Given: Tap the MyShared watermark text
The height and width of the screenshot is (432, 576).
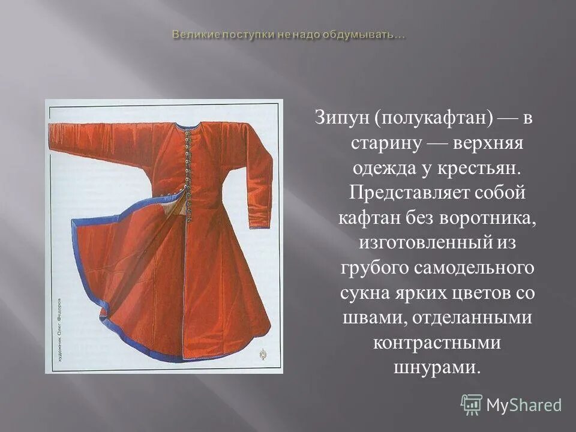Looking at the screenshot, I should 524,406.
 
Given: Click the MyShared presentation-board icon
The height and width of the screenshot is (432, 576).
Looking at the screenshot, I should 472,405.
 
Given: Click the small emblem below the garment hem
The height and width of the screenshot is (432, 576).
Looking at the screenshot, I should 262,355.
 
